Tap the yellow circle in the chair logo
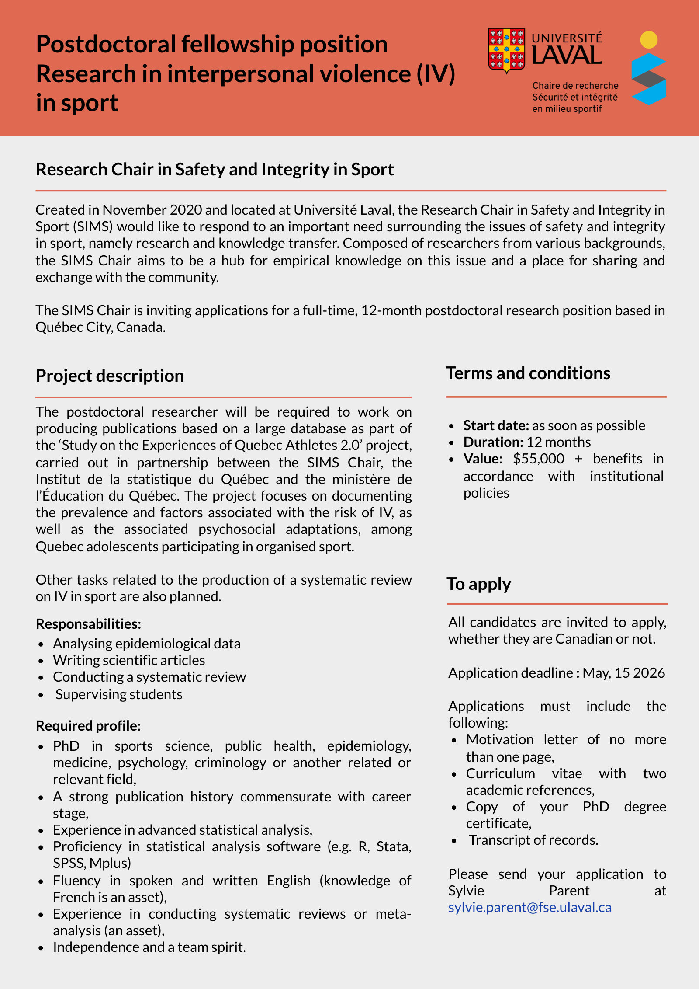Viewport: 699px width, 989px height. [x=649, y=40]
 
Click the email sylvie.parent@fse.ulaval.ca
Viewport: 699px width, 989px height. [x=529, y=907]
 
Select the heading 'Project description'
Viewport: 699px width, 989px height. [x=110, y=376]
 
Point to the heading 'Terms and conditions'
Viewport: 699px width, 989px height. [x=528, y=373]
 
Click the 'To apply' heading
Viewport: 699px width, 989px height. [x=478, y=584]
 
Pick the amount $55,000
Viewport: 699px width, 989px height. [x=538, y=459]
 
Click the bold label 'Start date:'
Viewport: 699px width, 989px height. [x=496, y=425]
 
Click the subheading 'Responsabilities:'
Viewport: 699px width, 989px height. [x=88, y=624]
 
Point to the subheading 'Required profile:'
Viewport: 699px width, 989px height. [x=88, y=726]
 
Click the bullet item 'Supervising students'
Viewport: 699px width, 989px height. [x=119, y=694]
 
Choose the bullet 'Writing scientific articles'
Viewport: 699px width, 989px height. [x=129, y=660]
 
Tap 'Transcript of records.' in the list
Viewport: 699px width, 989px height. [x=533, y=840]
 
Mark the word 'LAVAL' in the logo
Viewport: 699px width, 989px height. [x=567, y=56]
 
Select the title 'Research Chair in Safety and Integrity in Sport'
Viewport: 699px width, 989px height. [x=215, y=170]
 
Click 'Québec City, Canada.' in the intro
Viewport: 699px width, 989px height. [x=100, y=327]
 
